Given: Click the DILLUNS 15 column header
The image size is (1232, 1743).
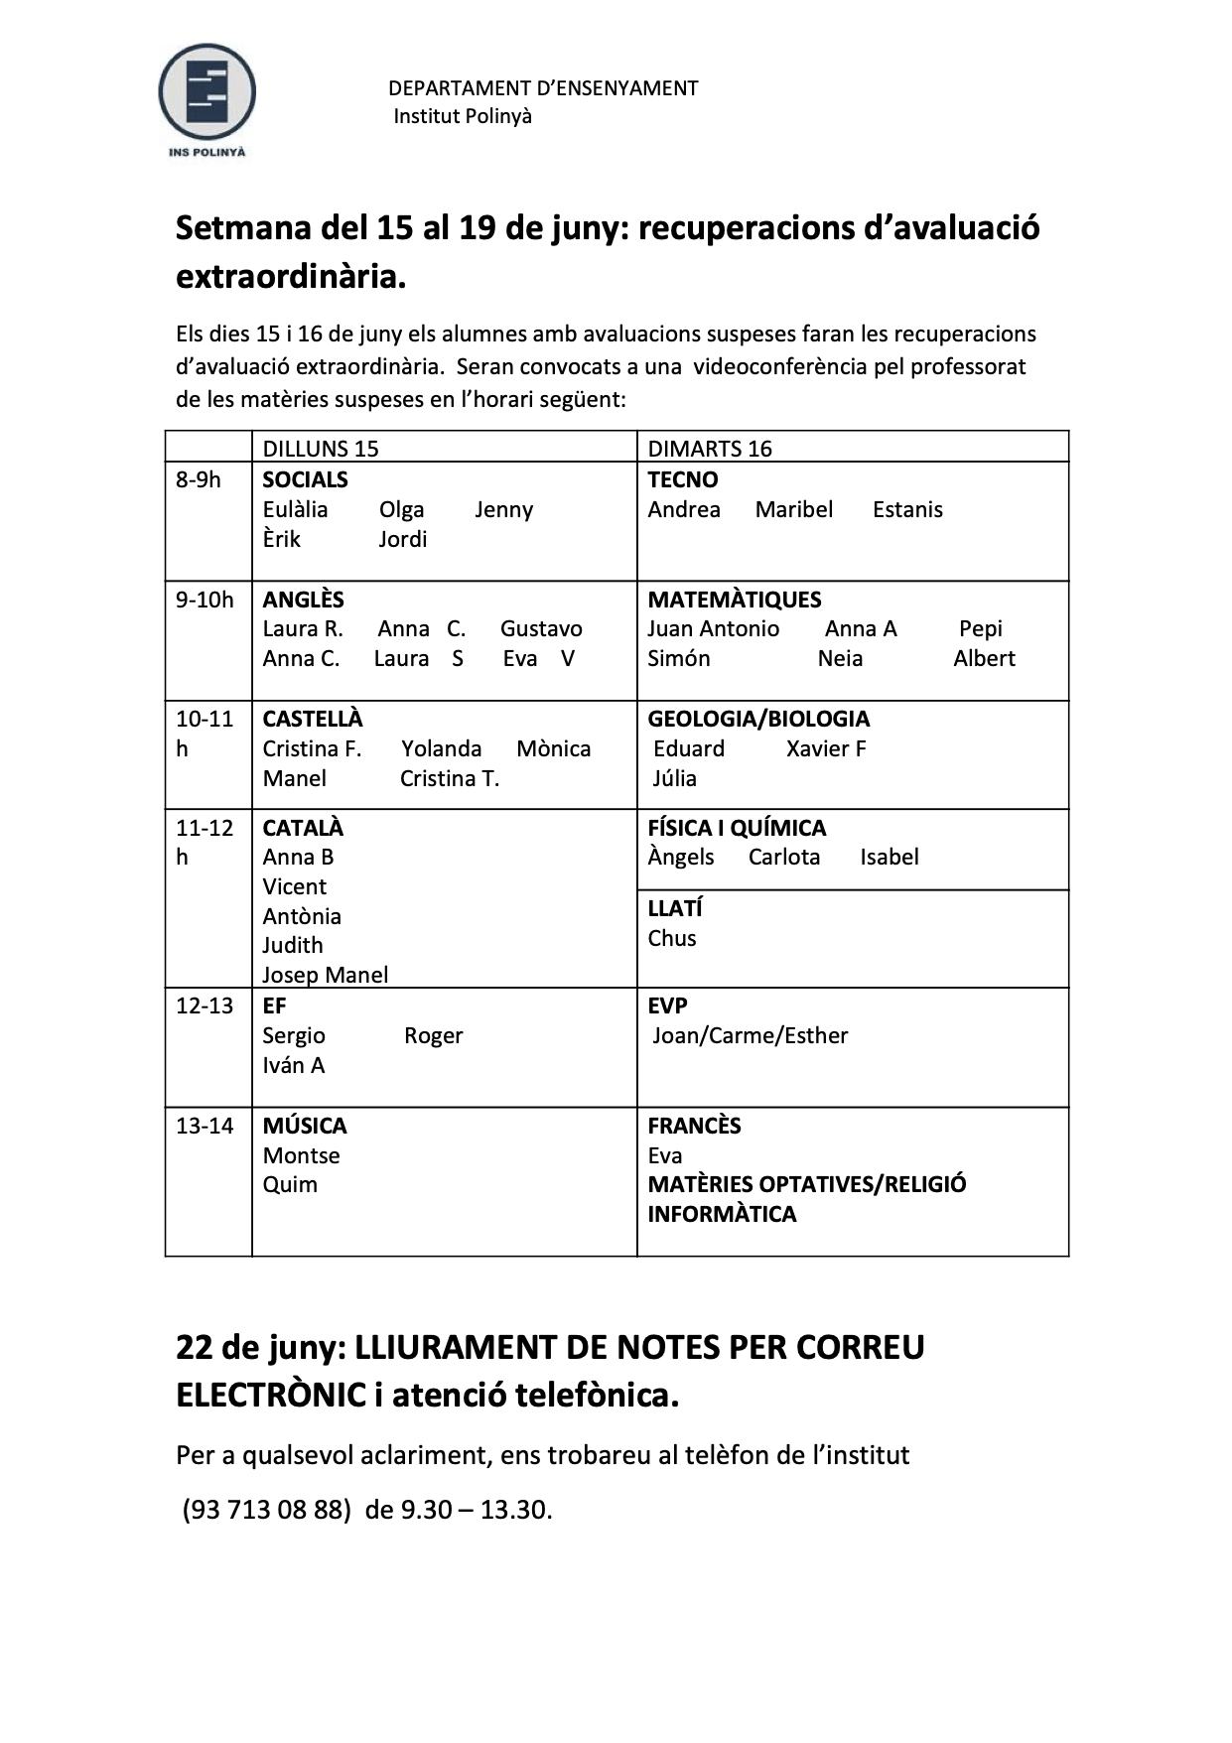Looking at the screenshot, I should pyautogui.click(x=320, y=449).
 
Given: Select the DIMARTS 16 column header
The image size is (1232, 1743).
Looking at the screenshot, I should pyautogui.click(x=709, y=449).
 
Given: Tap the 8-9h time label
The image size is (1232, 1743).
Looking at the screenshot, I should pyautogui.click(x=199, y=480).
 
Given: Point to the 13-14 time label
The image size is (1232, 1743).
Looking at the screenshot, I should pyautogui.click(x=205, y=1126).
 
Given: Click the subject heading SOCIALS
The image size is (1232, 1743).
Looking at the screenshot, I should pyautogui.click(x=305, y=480).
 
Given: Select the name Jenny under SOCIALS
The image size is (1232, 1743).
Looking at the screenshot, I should pyautogui.click(x=503, y=510).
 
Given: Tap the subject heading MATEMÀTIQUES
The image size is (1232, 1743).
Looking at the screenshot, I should pyautogui.click(x=734, y=600).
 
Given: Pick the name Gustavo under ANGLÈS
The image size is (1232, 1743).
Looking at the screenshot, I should pyautogui.click(x=541, y=629).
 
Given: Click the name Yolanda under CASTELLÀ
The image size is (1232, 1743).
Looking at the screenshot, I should pyautogui.click(x=441, y=749).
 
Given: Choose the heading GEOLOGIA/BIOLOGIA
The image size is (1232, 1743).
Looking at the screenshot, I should pyautogui.click(x=757, y=719).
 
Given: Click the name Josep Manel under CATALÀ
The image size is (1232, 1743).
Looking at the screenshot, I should pyautogui.click(x=325, y=976).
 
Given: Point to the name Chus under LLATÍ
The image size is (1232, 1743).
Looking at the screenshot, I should pyautogui.click(x=671, y=939).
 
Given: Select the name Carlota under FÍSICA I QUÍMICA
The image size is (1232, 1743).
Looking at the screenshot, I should pyautogui.click(x=783, y=858).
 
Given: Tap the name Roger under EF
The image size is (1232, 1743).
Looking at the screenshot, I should pyautogui.click(x=433, y=1036).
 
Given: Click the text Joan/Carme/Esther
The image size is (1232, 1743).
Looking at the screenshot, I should pyautogui.click(x=750, y=1036).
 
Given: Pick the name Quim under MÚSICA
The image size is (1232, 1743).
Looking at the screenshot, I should pyautogui.click(x=290, y=1185).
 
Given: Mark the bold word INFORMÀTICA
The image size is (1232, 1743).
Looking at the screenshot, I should pyautogui.click(x=722, y=1215).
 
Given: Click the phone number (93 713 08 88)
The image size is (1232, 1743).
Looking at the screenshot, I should pyautogui.click(x=266, y=1510).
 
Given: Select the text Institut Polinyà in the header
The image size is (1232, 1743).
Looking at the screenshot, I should pyautogui.click(x=462, y=116).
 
